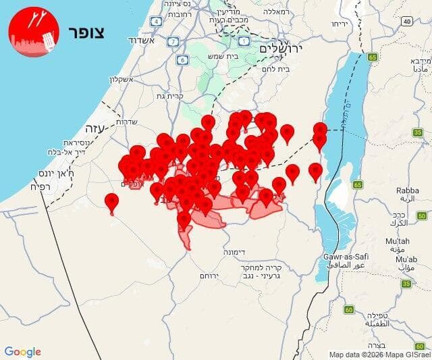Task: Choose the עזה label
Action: click(x=92, y=128)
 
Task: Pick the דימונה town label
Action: click(x=234, y=252)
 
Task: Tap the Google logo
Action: click(x=22, y=352)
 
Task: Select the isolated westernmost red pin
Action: click(x=111, y=202)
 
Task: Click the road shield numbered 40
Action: click(x=406, y=21)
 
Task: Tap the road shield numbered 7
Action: click(x=174, y=41)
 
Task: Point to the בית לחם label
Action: click(x=293, y=68)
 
